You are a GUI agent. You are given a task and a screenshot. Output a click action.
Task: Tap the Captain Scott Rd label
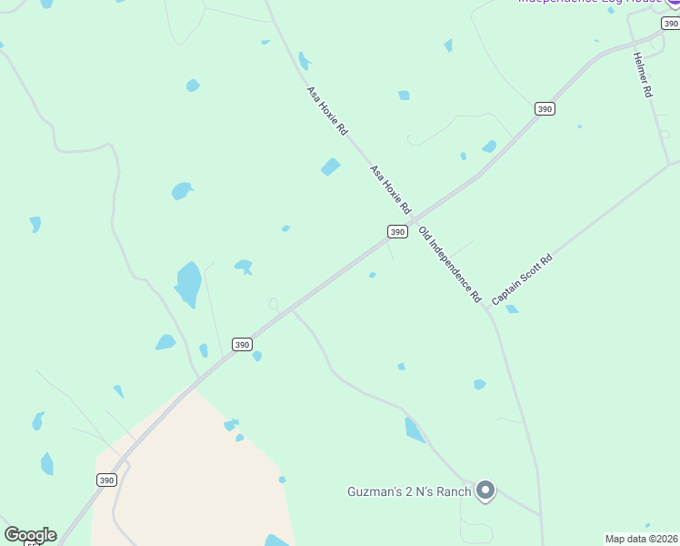(x=522, y=280)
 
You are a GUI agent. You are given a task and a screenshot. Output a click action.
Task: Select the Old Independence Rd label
(x=450, y=265)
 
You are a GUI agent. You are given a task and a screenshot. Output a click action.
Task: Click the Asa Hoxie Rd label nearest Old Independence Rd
(x=391, y=189)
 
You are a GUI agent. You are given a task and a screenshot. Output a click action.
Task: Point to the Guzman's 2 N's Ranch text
(x=409, y=492)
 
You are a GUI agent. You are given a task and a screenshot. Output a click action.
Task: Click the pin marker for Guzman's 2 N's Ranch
(x=485, y=490)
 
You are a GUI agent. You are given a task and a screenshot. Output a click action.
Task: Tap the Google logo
(x=30, y=535)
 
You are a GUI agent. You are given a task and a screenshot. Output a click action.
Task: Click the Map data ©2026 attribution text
(x=641, y=539)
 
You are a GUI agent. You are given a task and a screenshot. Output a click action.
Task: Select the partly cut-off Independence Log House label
(x=592, y=2)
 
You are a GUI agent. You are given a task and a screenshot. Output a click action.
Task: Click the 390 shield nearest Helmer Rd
(x=545, y=108)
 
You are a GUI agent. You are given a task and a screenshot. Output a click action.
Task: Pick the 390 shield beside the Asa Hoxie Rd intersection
(x=397, y=232)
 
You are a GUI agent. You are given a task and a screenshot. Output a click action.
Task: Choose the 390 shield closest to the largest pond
(x=241, y=344)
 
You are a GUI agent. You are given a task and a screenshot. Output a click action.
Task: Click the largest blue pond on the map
(x=188, y=284)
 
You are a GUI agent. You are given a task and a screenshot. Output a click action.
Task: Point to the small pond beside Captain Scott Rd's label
(x=512, y=309)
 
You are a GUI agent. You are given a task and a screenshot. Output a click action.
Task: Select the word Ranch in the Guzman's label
(x=451, y=492)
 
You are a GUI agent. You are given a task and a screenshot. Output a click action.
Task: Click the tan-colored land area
(x=200, y=473)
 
